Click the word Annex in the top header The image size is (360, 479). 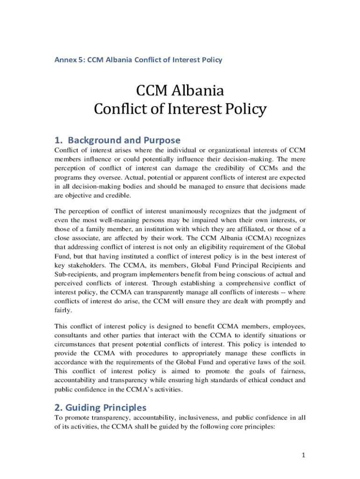tap(65, 60)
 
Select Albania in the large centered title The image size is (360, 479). tap(197, 90)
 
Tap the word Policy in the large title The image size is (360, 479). tap(243, 109)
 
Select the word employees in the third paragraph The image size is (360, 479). tap(287, 326)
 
